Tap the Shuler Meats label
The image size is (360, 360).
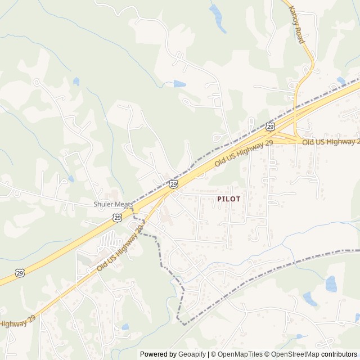click(x=112, y=204)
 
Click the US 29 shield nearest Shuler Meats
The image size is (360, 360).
click(x=116, y=217)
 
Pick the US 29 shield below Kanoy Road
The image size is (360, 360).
click(x=271, y=128)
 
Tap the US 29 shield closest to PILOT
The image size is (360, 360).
click(x=173, y=184)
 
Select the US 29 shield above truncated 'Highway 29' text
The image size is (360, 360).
click(x=20, y=273)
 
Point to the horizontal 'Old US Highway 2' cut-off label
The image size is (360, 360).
click(x=331, y=142)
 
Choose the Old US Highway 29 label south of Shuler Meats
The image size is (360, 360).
click(x=121, y=246)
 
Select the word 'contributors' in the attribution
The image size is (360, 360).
click(x=339, y=354)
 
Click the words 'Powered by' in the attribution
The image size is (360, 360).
click(x=158, y=354)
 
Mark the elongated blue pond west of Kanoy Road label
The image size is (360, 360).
click(x=217, y=18)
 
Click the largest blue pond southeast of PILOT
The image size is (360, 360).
click(x=331, y=283)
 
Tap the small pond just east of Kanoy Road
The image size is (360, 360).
click(x=341, y=80)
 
